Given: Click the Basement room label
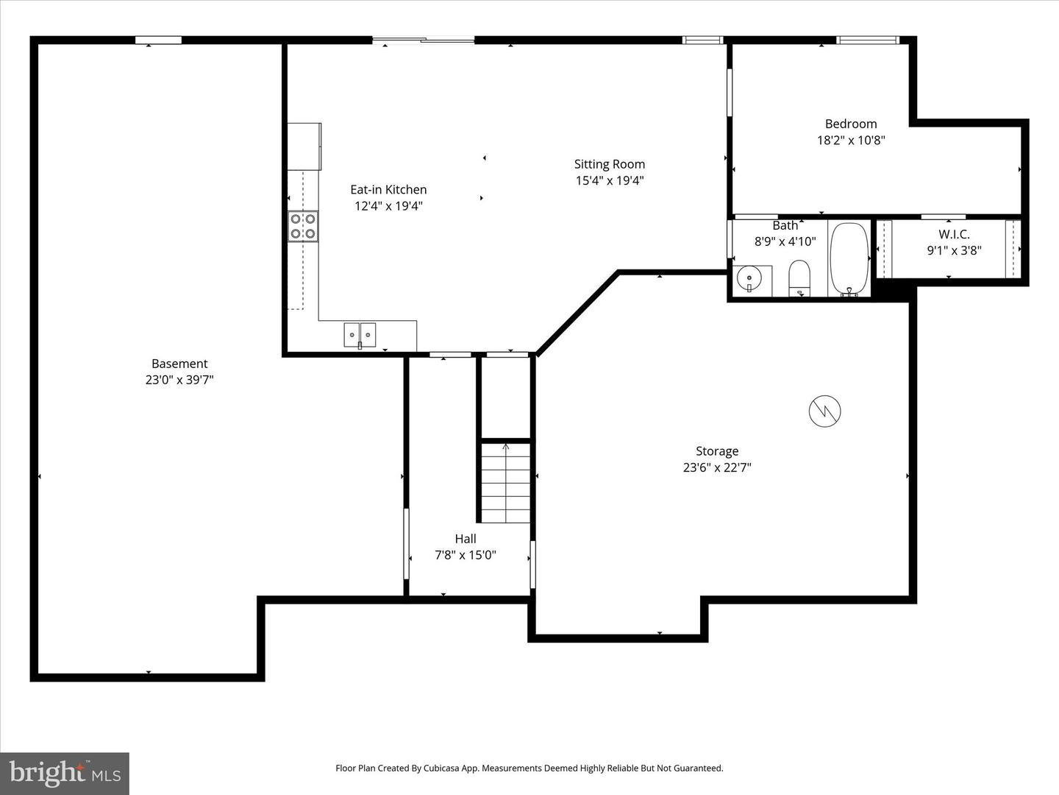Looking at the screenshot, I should click(x=179, y=364).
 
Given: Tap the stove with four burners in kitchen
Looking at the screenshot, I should click(x=303, y=226).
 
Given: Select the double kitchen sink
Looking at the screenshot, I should click(x=360, y=335).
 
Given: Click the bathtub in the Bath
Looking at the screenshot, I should click(x=849, y=258).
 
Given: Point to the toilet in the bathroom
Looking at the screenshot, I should click(x=799, y=278).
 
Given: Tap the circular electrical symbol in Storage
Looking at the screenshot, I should click(x=824, y=411).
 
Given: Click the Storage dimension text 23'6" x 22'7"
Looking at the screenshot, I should click(x=717, y=467).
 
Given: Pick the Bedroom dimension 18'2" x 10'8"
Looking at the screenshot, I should click(x=851, y=140).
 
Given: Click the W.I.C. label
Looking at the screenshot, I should click(x=954, y=235).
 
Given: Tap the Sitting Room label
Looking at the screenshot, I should click(x=610, y=164).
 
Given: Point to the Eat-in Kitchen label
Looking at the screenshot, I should click(x=388, y=190).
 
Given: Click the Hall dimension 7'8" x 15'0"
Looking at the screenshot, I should click(x=466, y=555).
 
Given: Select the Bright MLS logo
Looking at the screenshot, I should click(x=65, y=773).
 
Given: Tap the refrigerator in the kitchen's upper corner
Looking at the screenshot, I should click(x=304, y=146).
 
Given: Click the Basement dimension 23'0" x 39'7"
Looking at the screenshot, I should click(x=179, y=380).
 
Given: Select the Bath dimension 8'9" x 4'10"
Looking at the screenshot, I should click(x=785, y=241).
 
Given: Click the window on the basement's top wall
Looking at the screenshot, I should click(x=158, y=40).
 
